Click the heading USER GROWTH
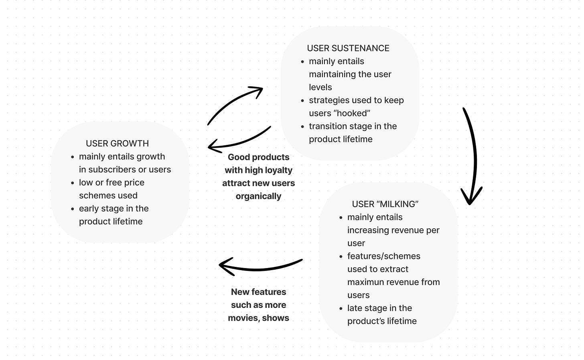[117, 143]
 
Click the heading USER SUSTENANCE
[348, 48]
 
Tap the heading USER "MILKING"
[385, 204]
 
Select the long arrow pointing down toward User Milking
[473, 157]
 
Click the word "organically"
[258, 196]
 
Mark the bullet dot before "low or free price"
[73, 183]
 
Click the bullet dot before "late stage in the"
[341, 309]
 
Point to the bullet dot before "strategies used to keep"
[302, 101]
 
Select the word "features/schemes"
[383, 256]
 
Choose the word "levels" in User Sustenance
[320, 87]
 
